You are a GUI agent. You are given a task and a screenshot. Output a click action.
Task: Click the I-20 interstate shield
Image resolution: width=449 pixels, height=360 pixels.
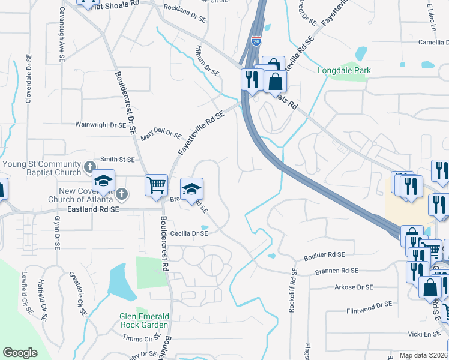(256, 40)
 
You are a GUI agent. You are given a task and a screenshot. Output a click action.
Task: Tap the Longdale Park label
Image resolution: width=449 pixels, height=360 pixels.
(344, 70)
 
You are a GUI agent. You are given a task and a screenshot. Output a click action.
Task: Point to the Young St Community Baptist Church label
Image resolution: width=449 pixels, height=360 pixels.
(41, 169)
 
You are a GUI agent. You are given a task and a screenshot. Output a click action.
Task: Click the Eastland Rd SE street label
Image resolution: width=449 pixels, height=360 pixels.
(93, 210)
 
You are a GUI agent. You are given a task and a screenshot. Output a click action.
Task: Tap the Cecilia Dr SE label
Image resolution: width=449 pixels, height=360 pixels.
(189, 233)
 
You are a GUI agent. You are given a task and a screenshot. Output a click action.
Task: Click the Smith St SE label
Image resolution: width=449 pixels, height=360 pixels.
(117, 160)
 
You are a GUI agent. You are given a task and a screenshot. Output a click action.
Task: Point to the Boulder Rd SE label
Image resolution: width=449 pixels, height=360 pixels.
(324, 255)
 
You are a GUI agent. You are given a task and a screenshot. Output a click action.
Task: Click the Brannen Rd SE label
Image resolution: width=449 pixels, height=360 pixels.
(336, 271)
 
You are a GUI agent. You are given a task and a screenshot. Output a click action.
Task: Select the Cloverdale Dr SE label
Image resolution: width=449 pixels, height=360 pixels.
(28, 80)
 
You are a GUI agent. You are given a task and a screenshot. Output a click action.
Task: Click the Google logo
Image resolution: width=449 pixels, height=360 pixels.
(20, 353)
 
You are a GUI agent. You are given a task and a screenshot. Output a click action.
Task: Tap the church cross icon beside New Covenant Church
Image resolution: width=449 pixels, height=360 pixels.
(122, 194)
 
